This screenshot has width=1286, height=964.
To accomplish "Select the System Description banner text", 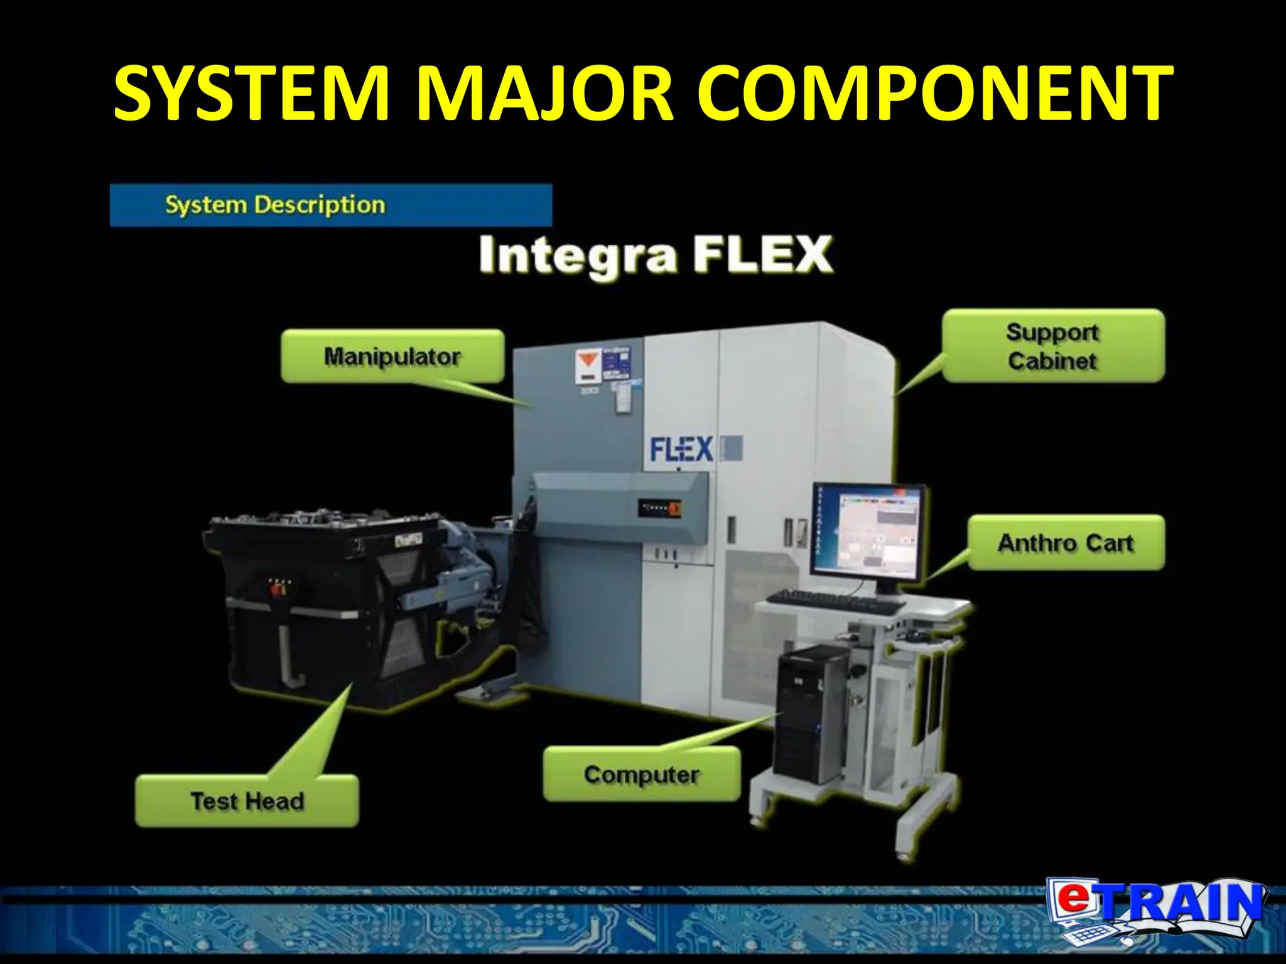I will click(275, 205).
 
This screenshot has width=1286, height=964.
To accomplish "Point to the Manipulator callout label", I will click(392, 356).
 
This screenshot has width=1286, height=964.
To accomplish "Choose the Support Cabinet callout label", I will click(1053, 346).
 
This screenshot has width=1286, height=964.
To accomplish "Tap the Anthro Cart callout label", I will click(1066, 543).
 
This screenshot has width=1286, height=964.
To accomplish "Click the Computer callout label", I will click(641, 774).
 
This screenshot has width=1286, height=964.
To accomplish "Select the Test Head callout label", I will click(247, 801).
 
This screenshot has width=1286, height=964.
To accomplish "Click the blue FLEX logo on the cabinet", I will click(681, 449).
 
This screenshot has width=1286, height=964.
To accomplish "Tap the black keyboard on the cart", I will click(835, 602).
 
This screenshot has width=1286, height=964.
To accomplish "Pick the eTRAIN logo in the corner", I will click(1155, 910).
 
